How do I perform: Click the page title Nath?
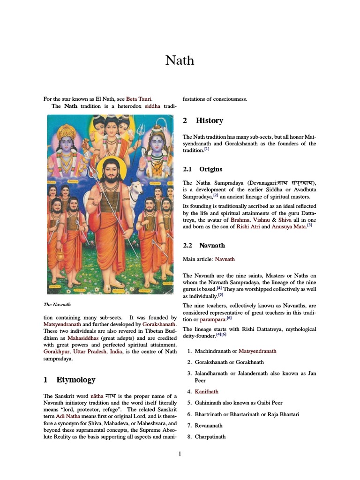pos(180,60)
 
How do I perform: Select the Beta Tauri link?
pos(139,99)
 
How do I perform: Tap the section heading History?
pos(209,121)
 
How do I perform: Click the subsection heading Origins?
pos(210,169)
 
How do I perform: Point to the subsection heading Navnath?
pos(212,245)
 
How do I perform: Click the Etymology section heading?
pos(75,380)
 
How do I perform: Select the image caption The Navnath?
pos(57,304)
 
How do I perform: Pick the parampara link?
pos(213,319)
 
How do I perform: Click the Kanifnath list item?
pos(206,391)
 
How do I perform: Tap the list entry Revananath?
pos(209,426)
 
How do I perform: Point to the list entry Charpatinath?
pos(210,437)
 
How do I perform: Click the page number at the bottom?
pos(180,453)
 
